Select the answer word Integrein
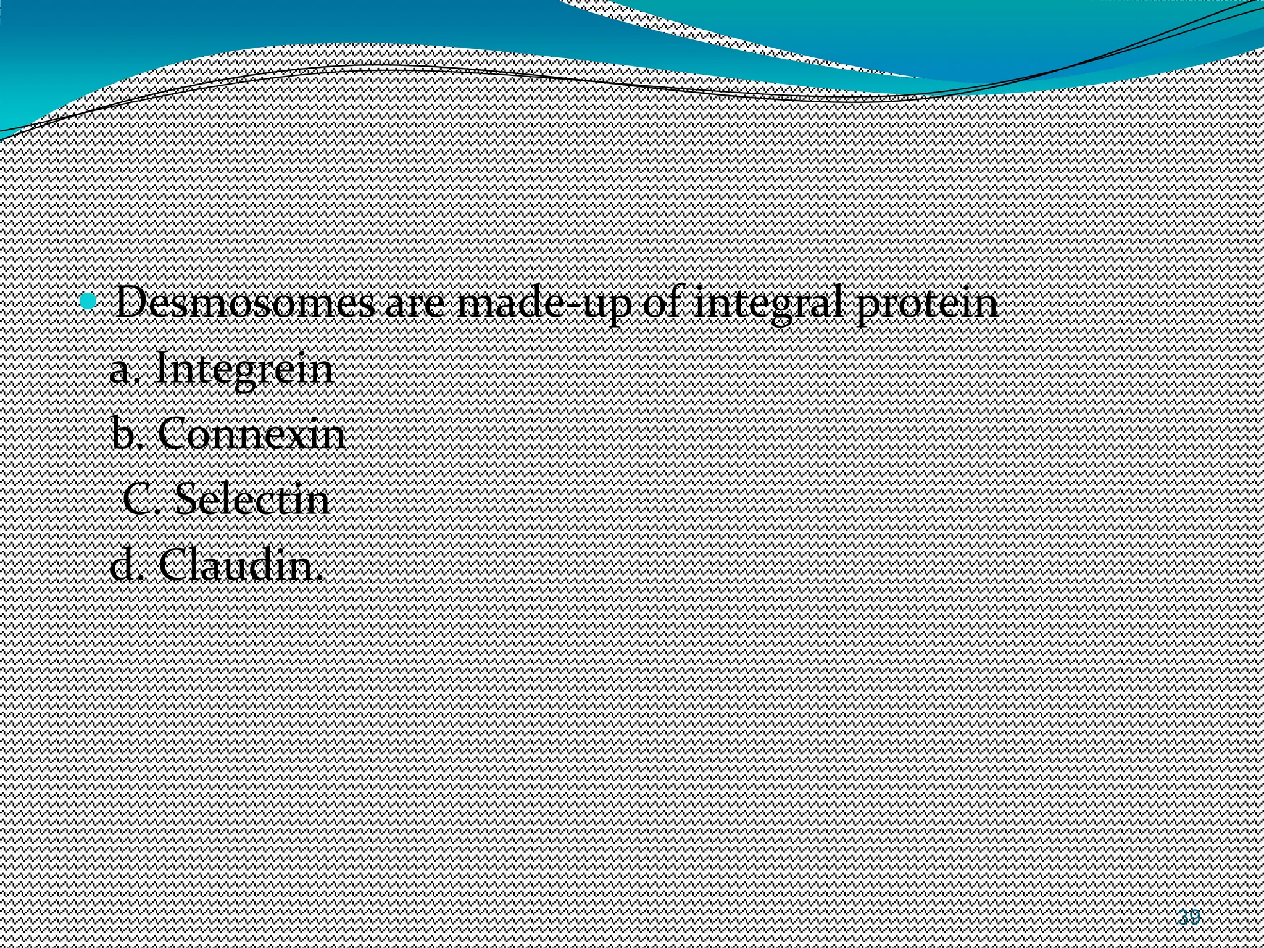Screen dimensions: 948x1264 244,369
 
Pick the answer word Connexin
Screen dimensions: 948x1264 251,434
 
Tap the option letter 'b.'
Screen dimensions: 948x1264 128,434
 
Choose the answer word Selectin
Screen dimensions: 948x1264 252,499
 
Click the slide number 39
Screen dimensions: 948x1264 1188,917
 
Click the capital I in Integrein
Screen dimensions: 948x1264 164,369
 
